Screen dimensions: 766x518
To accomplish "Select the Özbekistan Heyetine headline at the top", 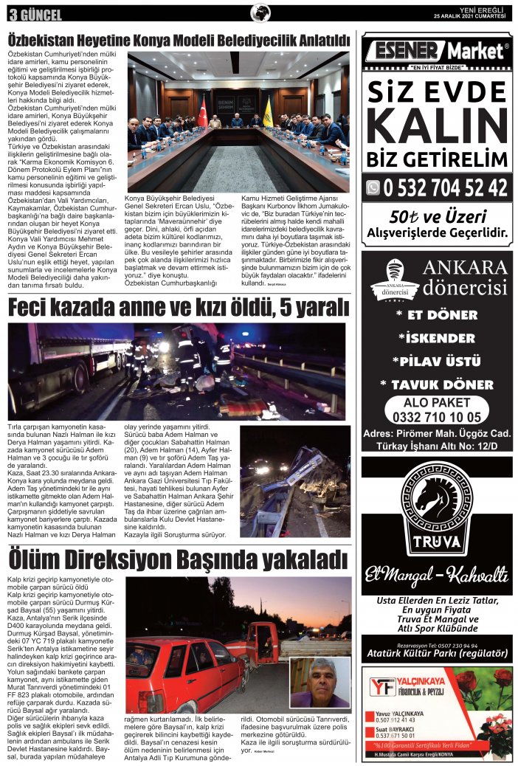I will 178,40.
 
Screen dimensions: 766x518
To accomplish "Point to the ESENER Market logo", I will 437,51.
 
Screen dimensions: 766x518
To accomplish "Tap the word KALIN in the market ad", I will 437,126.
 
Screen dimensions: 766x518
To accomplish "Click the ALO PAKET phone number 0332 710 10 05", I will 436,417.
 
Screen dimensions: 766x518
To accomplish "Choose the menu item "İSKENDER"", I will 437,338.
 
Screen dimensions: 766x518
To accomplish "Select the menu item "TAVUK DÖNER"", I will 437,384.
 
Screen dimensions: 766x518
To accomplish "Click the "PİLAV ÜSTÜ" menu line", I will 437,362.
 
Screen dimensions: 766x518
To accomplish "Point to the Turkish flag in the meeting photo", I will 202,111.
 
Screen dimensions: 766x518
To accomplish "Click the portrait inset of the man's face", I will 320,682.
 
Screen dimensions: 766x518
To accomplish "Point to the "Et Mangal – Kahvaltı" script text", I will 436,576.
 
